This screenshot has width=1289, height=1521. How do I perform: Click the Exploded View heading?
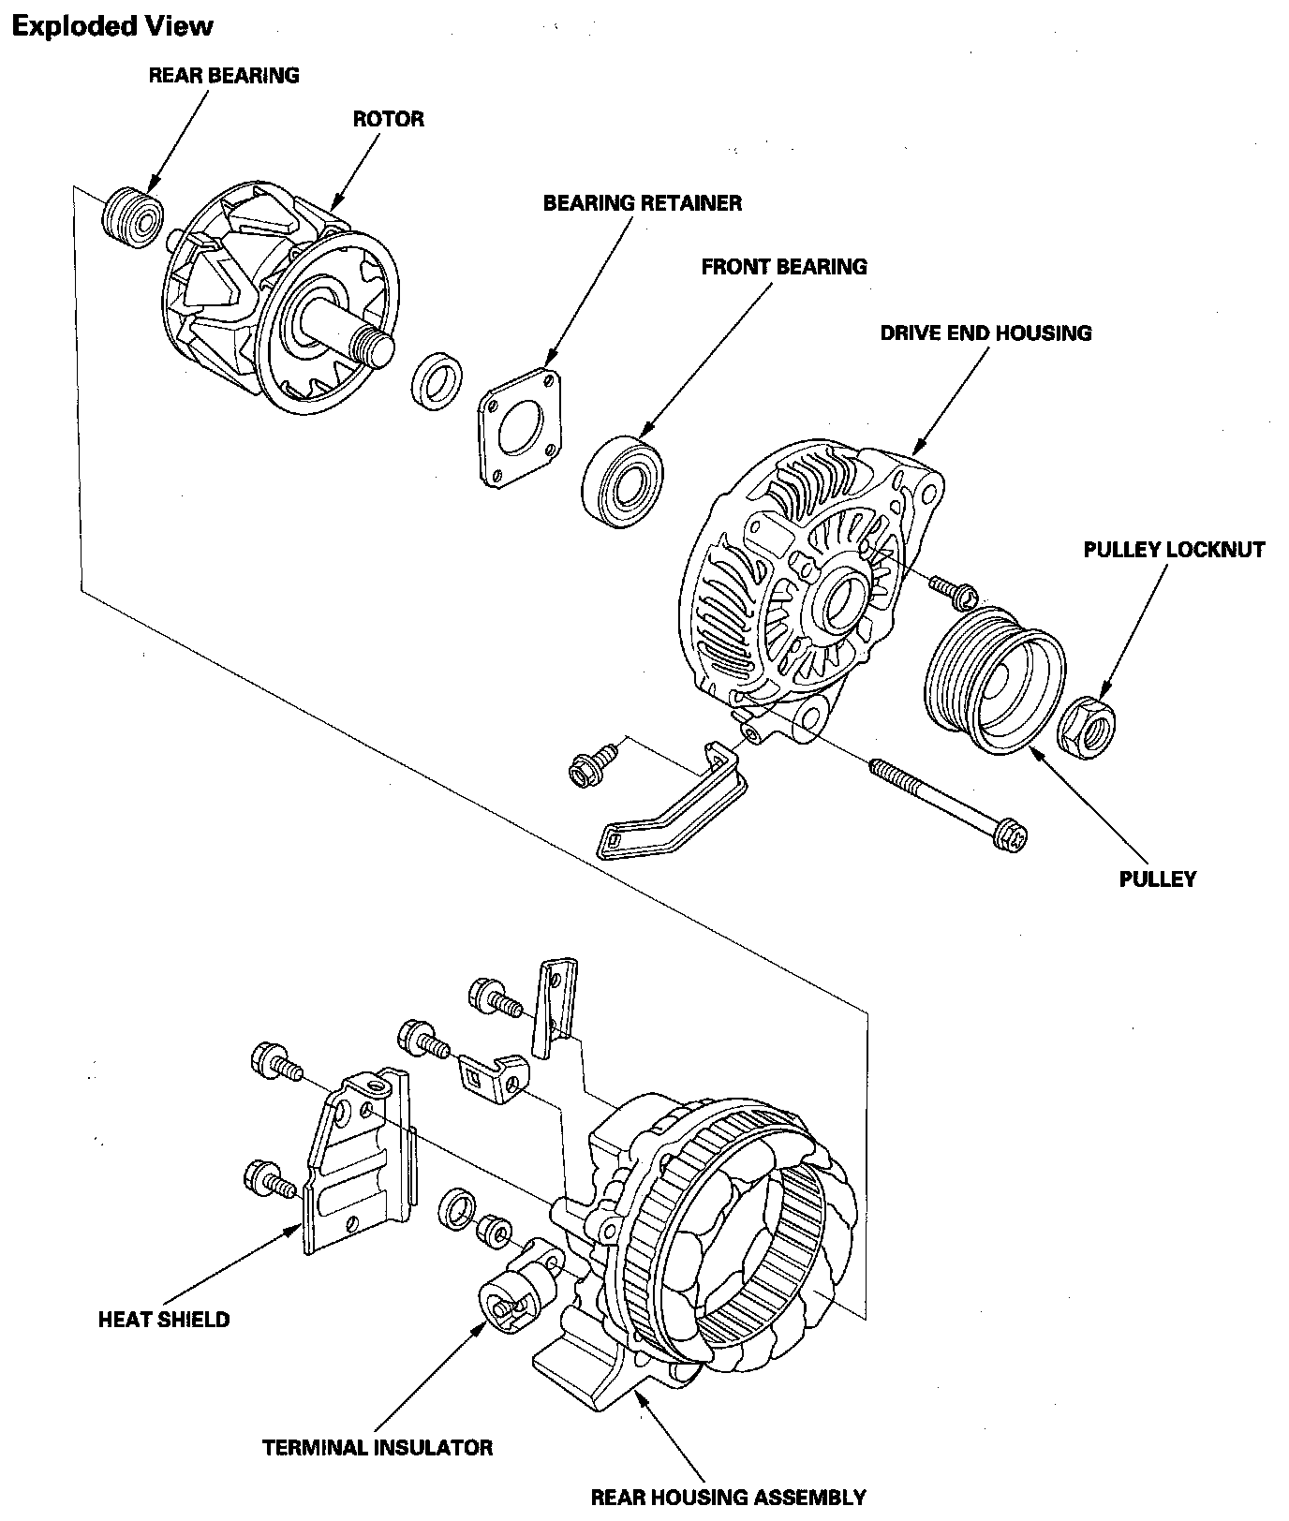point(112,26)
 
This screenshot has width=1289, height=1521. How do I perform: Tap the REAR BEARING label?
point(224,76)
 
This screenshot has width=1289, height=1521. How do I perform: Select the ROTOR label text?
point(388,119)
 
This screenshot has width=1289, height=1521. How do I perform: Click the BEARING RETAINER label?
point(643,203)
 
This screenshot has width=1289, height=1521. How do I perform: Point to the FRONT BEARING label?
point(784,267)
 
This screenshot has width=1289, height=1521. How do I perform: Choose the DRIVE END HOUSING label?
point(985,333)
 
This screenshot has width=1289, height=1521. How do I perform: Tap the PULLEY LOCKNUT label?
point(1174,550)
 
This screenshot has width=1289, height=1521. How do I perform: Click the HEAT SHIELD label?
point(164,1320)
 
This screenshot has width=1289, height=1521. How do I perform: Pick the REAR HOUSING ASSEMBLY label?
point(728,1497)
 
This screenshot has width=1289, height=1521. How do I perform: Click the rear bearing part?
point(131,218)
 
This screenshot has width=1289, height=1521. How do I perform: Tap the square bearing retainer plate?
point(519,428)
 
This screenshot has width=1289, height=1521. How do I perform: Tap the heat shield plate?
point(353,1166)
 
